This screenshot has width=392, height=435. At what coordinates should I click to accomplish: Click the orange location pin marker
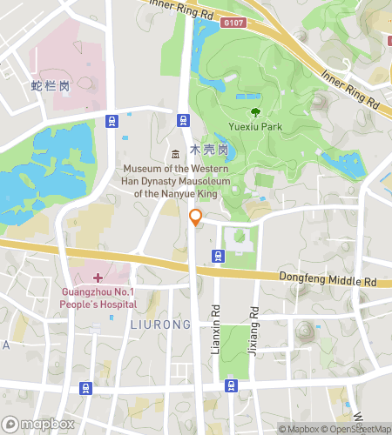click(x=196, y=217)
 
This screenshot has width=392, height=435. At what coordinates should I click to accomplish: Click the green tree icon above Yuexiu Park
click(x=254, y=112)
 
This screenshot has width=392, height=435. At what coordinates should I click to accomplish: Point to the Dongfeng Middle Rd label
click(x=327, y=282)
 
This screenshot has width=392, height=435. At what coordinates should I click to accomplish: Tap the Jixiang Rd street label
click(x=253, y=323)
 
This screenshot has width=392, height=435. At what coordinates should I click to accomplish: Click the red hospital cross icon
click(x=98, y=278)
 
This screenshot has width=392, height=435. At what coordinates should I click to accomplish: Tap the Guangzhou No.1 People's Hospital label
click(x=98, y=298)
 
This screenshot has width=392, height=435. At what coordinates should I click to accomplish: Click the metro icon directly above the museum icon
click(x=184, y=121)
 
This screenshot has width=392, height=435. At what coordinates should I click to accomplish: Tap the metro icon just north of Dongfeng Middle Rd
click(x=218, y=256)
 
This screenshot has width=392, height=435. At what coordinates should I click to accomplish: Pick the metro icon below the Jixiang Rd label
click(x=231, y=385)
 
